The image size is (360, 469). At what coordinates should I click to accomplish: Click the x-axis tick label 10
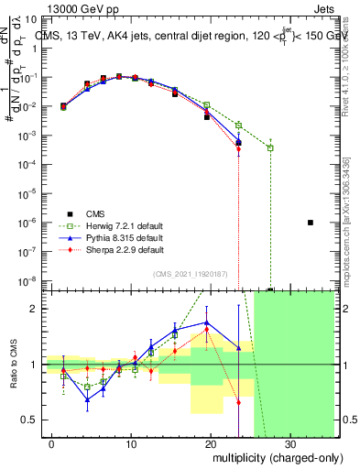[132, 444]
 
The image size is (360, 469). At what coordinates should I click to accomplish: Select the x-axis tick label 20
[211, 444]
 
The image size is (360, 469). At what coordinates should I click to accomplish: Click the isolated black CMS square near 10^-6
[311, 223]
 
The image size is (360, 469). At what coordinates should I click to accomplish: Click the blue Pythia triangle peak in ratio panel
[207, 323]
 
